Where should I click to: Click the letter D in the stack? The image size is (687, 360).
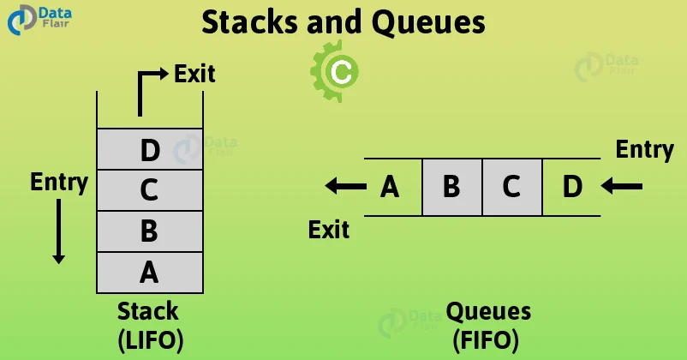pos(149,151)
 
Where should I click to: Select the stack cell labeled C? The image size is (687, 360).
pos(149,190)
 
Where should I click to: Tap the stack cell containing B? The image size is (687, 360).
pos(149,231)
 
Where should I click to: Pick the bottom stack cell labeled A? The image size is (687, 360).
pos(149,272)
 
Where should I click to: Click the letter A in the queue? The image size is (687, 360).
pos(390,186)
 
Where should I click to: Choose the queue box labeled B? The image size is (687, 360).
pos(451,186)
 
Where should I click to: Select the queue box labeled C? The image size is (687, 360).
pos(511,186)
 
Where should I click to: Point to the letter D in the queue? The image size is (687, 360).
pos(571,186)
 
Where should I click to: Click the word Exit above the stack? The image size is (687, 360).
pos(194,74)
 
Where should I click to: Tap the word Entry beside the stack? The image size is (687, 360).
pos(59,182)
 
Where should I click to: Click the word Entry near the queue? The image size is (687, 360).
pos(644,149)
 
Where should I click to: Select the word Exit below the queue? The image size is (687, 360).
pos(329,229)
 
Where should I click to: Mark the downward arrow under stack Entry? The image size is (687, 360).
pos(58,230)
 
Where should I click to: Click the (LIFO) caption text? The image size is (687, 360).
pos(150,340)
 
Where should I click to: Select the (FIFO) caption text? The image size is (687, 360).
pos(486,340)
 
